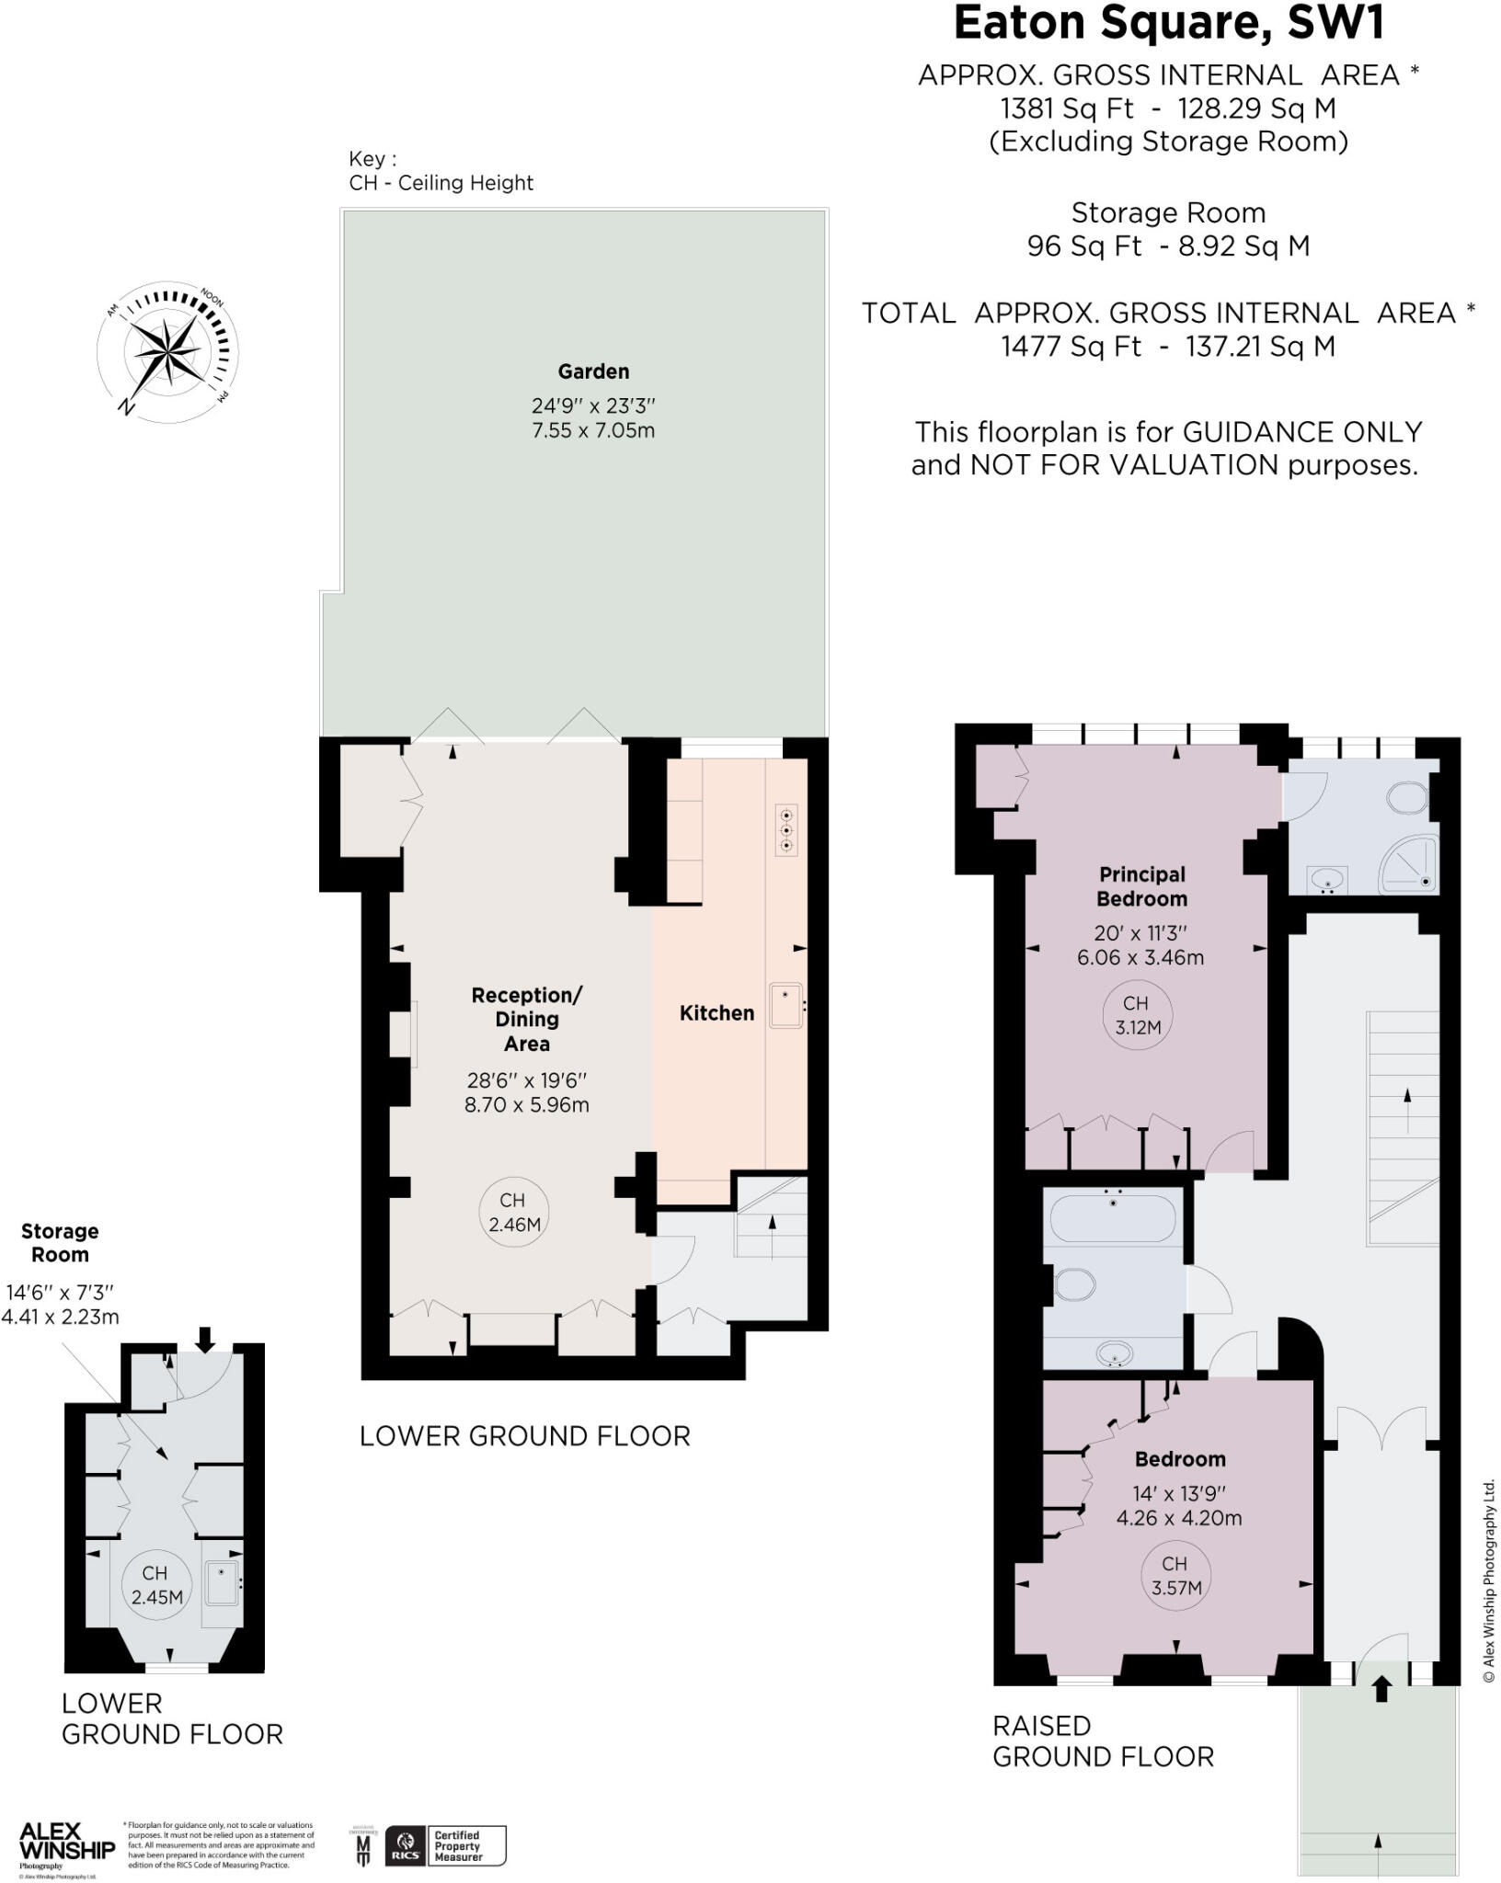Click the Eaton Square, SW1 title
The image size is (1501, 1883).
1168,25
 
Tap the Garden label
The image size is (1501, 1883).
593,372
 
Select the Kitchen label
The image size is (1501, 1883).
716,1013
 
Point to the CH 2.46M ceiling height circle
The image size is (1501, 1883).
513,1213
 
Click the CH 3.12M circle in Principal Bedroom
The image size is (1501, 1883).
1137,1016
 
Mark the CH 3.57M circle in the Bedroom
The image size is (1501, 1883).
1176,1576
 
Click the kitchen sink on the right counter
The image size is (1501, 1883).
785,1005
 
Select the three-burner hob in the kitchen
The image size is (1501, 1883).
786,830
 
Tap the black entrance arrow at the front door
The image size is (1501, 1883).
1381,1689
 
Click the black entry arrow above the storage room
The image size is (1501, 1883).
204,1339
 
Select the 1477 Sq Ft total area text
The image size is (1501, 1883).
1071,347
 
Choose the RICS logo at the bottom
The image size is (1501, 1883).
406,1845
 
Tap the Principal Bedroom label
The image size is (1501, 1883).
1141,886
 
